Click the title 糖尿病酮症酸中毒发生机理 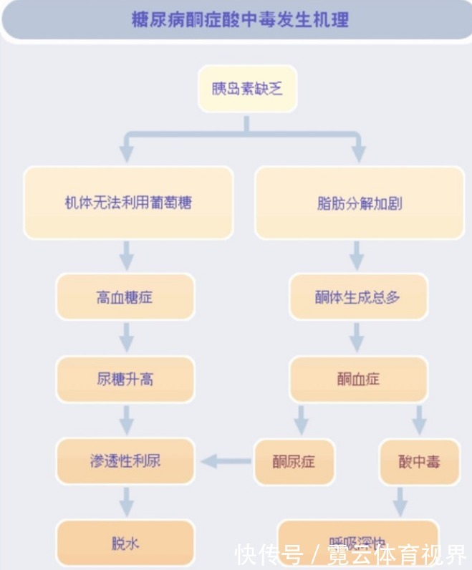(x=240, y=19)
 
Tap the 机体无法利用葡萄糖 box (x=128, y=203)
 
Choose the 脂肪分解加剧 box (x=360, y=203)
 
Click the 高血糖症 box (x=125, y=296)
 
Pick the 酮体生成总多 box (x=358, y=296)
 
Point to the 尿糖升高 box (x=125, y=379)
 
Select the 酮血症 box (x=358, y=379)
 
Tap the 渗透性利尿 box (x=125, y=460)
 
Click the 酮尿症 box (x=294, y=461)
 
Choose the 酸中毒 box (x=419, y=461)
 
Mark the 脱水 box (x=125, y=543)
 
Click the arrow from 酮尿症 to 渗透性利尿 (x=226, y=460)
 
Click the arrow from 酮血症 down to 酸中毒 (x=419, y=420)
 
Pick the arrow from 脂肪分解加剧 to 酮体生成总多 (x=357, y=255)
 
